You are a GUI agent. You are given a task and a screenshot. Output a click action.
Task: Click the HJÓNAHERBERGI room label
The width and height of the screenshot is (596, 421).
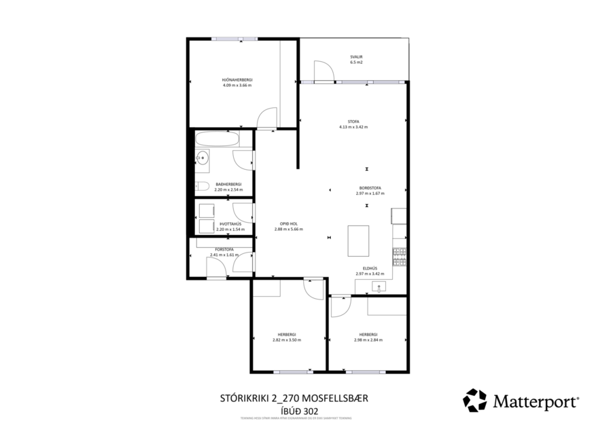[236, 79]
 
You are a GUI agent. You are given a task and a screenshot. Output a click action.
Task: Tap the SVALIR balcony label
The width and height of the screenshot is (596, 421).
[356, 56]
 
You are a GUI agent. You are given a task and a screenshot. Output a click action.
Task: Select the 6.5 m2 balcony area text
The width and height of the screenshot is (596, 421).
[356, 62]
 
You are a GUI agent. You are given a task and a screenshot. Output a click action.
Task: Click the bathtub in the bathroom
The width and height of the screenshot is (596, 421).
[217, 140]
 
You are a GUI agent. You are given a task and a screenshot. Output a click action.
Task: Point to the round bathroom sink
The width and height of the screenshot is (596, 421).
[202, 160]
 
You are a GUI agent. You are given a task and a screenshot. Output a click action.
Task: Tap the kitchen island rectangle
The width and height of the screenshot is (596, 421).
[358, 240]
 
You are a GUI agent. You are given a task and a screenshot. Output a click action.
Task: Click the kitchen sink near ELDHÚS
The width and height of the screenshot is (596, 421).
[379, 287]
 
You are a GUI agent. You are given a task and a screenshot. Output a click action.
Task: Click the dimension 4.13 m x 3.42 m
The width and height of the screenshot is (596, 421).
[353, 127]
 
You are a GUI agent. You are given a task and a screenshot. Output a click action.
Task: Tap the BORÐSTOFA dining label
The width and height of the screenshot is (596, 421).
[370, 188]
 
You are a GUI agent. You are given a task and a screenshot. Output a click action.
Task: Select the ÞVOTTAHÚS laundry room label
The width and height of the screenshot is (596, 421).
[230, 224]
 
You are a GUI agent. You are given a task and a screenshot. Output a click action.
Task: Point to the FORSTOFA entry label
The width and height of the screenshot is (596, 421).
[224, 249]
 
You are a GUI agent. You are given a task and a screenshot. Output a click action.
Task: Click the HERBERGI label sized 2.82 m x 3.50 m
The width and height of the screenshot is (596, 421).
[286, 334]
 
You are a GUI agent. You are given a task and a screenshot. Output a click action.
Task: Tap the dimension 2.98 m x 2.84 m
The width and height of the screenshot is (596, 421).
[368, 340]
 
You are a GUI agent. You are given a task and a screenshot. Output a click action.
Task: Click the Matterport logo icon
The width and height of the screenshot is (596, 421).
[475, 400]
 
